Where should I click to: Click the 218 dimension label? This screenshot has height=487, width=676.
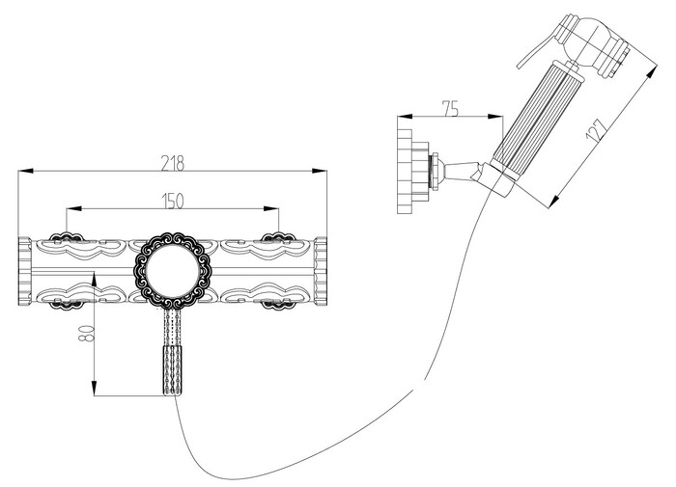173,163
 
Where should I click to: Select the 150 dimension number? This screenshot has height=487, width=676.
173,202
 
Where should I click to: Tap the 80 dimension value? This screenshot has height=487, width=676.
86,333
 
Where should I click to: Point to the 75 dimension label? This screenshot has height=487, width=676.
450,109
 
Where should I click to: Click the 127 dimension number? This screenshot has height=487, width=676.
597,129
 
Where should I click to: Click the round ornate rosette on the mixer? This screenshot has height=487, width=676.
173,271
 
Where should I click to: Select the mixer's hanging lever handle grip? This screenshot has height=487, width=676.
173,370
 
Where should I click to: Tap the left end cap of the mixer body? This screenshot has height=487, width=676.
25,271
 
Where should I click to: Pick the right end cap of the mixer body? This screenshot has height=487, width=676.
321,271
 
